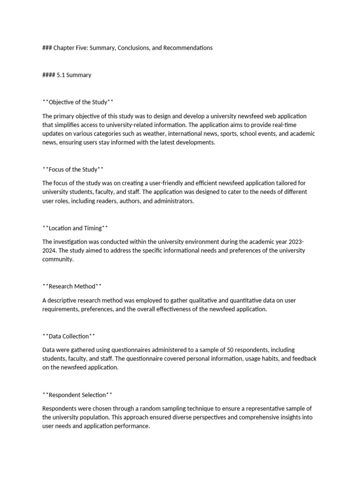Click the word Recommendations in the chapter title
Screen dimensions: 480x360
187,48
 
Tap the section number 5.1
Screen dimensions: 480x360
60,75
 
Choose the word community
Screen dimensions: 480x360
58,259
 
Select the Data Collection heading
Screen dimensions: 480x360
69,336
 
